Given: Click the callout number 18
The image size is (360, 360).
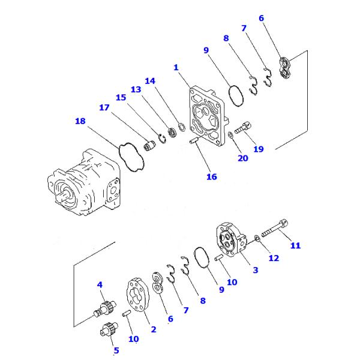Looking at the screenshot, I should pyautogui.click(x=80, y=121).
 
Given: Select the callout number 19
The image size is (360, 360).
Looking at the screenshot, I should pyautogui.click(x=258, y=149).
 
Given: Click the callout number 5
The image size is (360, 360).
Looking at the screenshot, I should pyautogui.click(x=116, y=350).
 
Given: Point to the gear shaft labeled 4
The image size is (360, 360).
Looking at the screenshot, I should pyautogui.click(x=103, y=307).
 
